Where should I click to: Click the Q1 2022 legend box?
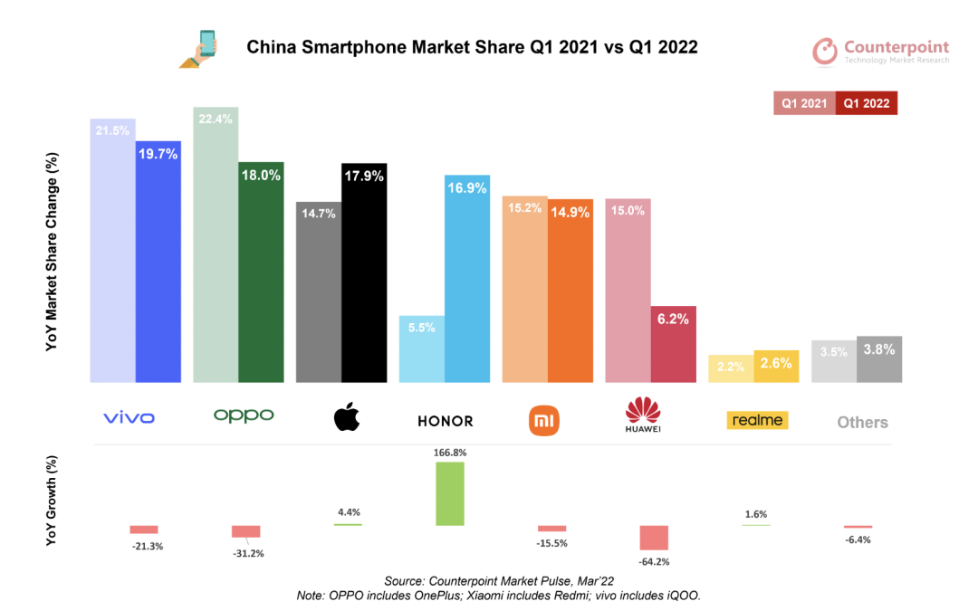(866, 103)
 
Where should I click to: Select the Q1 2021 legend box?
(804, 103)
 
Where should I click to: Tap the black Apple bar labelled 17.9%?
(364, 272)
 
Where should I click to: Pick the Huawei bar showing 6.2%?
(674, 344)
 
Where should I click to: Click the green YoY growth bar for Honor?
(450, 493)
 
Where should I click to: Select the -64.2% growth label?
(653, 561)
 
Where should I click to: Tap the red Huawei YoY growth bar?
(654, 537)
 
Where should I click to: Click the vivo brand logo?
(129, 417)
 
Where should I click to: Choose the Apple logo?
(347, 417)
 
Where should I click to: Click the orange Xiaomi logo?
(544, 419)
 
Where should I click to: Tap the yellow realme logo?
(757, 420)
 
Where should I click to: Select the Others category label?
(862, 422)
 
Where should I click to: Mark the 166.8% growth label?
(450, 451)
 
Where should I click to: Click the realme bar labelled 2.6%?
(776, 366)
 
